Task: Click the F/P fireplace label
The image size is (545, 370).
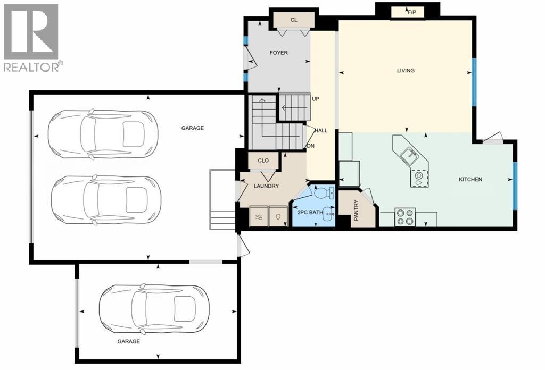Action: pos(411,11)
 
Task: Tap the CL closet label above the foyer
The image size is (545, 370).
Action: pos(293,20)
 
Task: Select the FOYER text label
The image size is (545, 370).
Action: pos(278,53)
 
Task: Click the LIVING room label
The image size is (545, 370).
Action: pos(406,70)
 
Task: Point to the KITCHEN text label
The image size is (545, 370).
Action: pos(470,180)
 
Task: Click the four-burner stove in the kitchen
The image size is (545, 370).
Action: pos(405,218)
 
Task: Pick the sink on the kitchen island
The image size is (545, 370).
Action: pos(408,155)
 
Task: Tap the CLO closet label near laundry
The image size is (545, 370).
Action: pos(263,161)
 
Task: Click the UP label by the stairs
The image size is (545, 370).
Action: pos(315,99)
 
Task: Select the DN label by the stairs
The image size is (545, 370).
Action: pos(311,146)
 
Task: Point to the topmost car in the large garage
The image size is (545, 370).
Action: pos(102,134)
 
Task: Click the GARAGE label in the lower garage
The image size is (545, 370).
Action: pos(128,341)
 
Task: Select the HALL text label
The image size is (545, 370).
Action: pos(321,130)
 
